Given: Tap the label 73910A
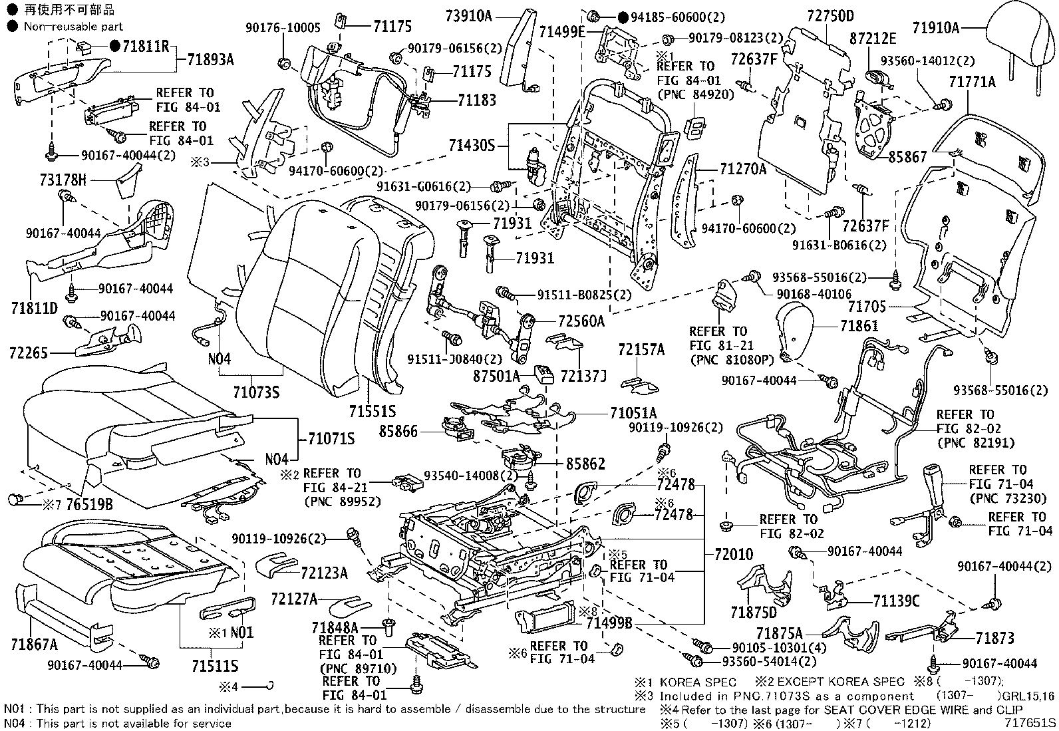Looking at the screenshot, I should (468, 16).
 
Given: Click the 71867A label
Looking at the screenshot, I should (34, 644).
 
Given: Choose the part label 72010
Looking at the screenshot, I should (728, 553).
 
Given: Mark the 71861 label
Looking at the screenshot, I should (859, 326).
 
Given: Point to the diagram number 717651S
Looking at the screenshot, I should (1030, 722).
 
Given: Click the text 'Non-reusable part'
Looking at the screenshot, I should (73, 27).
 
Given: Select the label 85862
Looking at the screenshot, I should (585, 463).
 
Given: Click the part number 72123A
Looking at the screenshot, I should (324, 572).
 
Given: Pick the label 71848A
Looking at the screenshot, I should (335, 627).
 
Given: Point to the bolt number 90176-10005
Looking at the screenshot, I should (283, 27).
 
